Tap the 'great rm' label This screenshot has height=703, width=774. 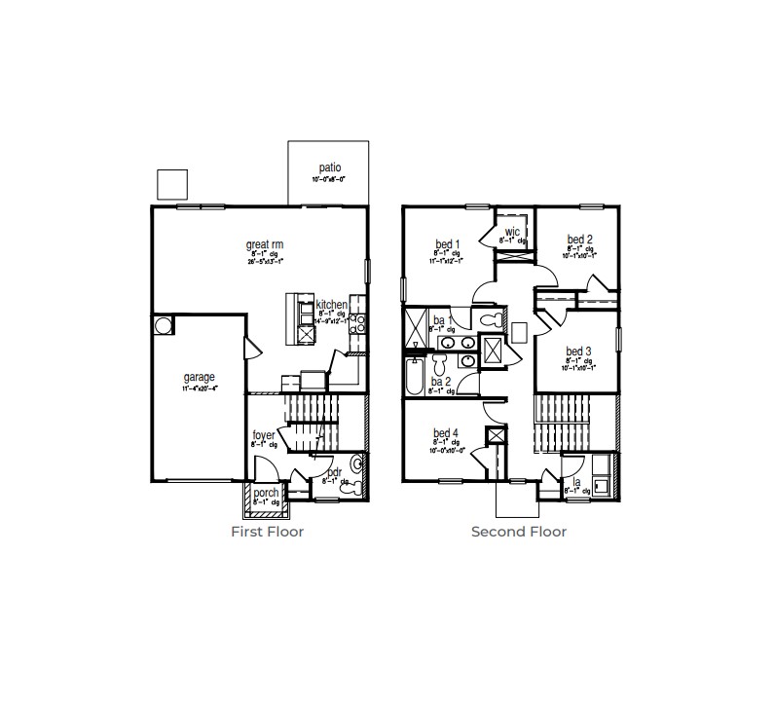(264, 244)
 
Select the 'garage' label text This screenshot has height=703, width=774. (199, 377)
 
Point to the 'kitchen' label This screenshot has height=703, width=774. (331, 305)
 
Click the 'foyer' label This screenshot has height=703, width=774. (264, 435)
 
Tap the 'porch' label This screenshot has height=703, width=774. (266, 493)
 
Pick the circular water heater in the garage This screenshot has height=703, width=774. (163, 324)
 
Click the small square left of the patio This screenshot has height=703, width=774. (171, 183)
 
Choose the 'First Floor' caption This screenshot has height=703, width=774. (267, 532)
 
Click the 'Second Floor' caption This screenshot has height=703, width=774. (518, 532)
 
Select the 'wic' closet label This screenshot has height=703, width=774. (512, 231)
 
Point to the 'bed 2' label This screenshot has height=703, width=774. (580, 240)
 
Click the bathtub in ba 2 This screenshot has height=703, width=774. (414, 377)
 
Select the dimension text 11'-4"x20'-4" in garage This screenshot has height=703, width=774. (199, 388)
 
